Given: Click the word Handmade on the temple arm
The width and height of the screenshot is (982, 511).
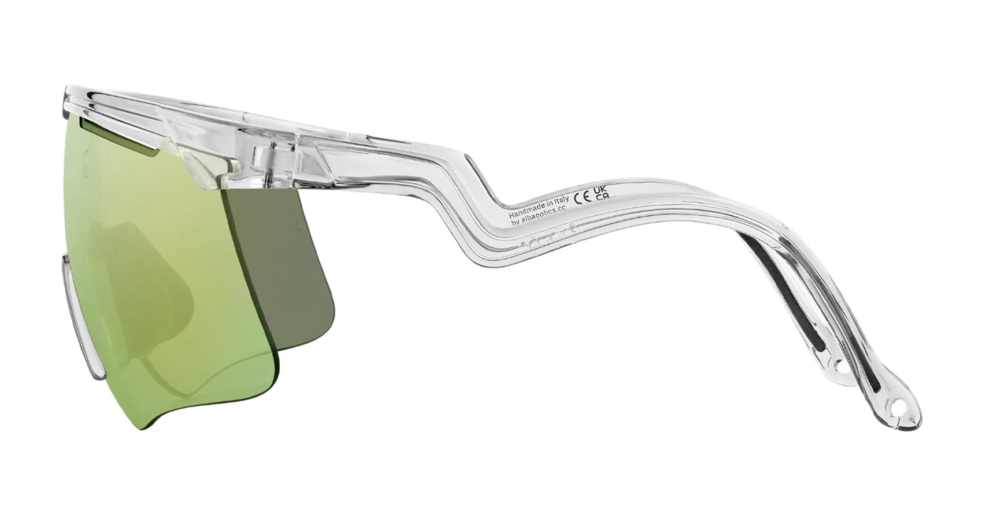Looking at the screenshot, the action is pyautogui.click(x=525, y=204).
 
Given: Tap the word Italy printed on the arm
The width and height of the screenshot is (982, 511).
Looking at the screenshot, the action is pyautogui.click(x=560, y=199).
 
